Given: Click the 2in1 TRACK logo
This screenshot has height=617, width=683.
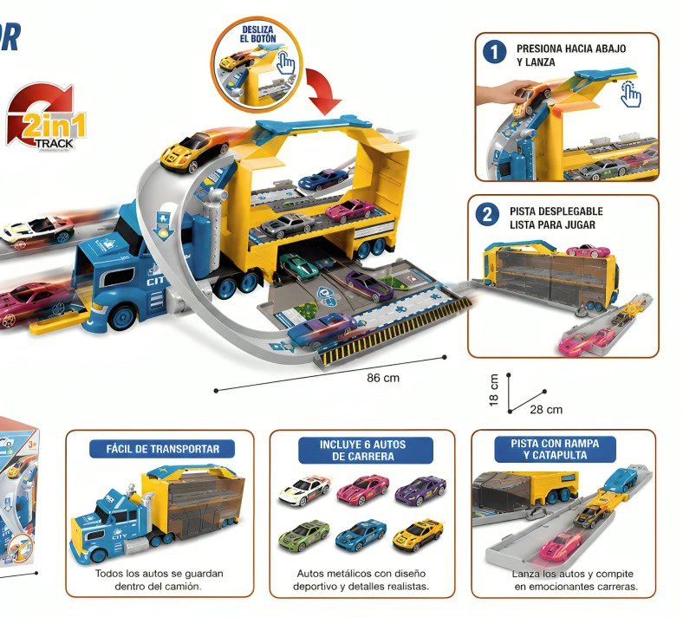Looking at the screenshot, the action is (x=46, y=117).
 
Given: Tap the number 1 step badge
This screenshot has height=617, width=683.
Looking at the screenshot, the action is (x=494, y=53).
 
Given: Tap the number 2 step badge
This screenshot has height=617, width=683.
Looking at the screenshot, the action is (x=487, y=215).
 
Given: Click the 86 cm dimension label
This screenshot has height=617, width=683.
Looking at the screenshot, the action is (x=383, y=378).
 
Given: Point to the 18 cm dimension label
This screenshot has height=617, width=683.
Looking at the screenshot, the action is (x=493, y=390).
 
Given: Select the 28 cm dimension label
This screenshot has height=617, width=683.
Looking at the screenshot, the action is (x=546, y=410).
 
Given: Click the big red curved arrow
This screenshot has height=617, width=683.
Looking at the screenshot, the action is (x=323, y=91).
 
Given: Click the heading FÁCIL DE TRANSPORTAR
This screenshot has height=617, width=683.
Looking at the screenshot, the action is (x=162, y=449).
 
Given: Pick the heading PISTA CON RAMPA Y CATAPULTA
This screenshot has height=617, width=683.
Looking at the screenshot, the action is (x=555, y=450).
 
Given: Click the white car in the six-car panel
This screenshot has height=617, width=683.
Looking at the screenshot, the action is (x=304, y=490).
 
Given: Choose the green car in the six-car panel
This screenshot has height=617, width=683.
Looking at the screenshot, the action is (x=304, y=536).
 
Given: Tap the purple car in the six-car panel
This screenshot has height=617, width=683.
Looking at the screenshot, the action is (x=420, y=491).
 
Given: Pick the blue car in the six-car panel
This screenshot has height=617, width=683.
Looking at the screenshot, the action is (x=361, y=535).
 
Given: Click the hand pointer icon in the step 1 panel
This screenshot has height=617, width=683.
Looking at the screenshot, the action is (x=631, y=94).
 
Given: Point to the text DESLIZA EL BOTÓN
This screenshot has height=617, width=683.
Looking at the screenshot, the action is (x=258, y=34).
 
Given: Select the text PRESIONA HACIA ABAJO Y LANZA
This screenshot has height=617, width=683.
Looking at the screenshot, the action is (x=571, y=55).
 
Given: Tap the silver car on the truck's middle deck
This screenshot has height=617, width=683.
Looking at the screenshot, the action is (x=288, y=225).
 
